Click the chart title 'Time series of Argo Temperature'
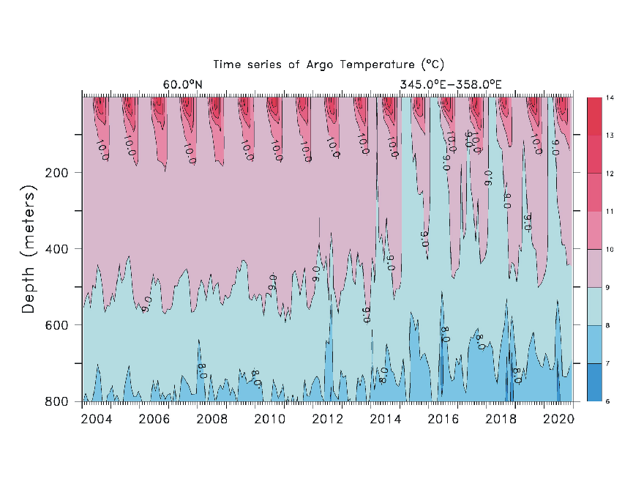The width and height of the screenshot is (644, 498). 329,65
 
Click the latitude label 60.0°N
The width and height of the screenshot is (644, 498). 182,85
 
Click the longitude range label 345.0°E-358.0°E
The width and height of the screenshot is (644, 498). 450,85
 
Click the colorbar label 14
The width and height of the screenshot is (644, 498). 609,97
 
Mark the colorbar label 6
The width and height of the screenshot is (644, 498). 609,401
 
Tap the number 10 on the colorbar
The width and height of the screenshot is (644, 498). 609,250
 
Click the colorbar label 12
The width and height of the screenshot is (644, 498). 609,174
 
